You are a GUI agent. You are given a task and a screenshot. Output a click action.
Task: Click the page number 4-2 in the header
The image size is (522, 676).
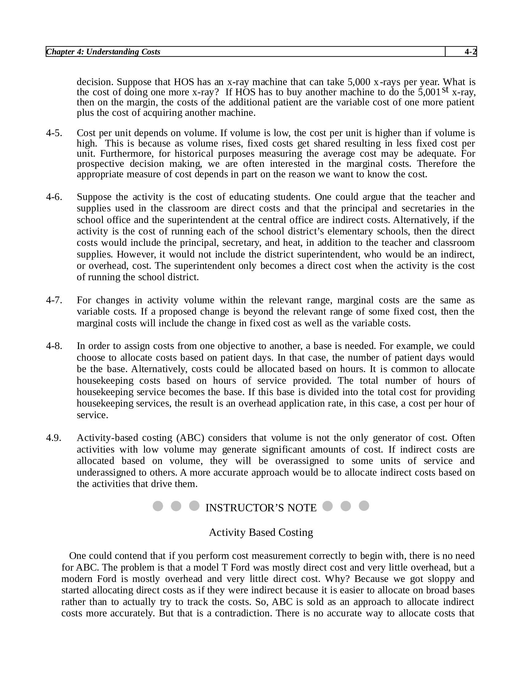(x=470, y=52)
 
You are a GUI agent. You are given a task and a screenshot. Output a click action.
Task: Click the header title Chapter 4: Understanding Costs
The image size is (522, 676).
(x=103, y=52)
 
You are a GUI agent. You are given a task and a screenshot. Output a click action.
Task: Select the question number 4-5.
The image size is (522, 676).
(x=54, y=133)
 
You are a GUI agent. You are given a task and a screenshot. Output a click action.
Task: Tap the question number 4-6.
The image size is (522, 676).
(x=54, y=197)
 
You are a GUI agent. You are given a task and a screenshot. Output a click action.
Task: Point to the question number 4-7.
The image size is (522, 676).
(x=54, y=300)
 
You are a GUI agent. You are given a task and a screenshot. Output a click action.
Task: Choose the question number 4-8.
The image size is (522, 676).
(x=54, y=346)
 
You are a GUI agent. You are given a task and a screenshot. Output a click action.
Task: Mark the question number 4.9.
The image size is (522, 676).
(x=54, y=438)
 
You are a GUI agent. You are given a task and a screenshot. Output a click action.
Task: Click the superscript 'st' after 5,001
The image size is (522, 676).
(x=445, y=90)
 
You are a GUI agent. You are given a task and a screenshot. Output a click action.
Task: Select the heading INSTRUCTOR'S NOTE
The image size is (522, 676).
(x=261, y=508)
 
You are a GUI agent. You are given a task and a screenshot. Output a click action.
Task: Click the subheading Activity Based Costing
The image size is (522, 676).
(x=261, y=533)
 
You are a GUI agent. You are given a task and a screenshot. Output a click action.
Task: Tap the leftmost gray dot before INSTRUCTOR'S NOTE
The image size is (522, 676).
(x=158, y=506)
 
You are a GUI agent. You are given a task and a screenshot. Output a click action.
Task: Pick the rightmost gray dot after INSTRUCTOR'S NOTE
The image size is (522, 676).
(x=364, y=506)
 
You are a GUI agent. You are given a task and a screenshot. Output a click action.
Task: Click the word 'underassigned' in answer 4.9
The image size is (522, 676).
(x=107, y=473)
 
